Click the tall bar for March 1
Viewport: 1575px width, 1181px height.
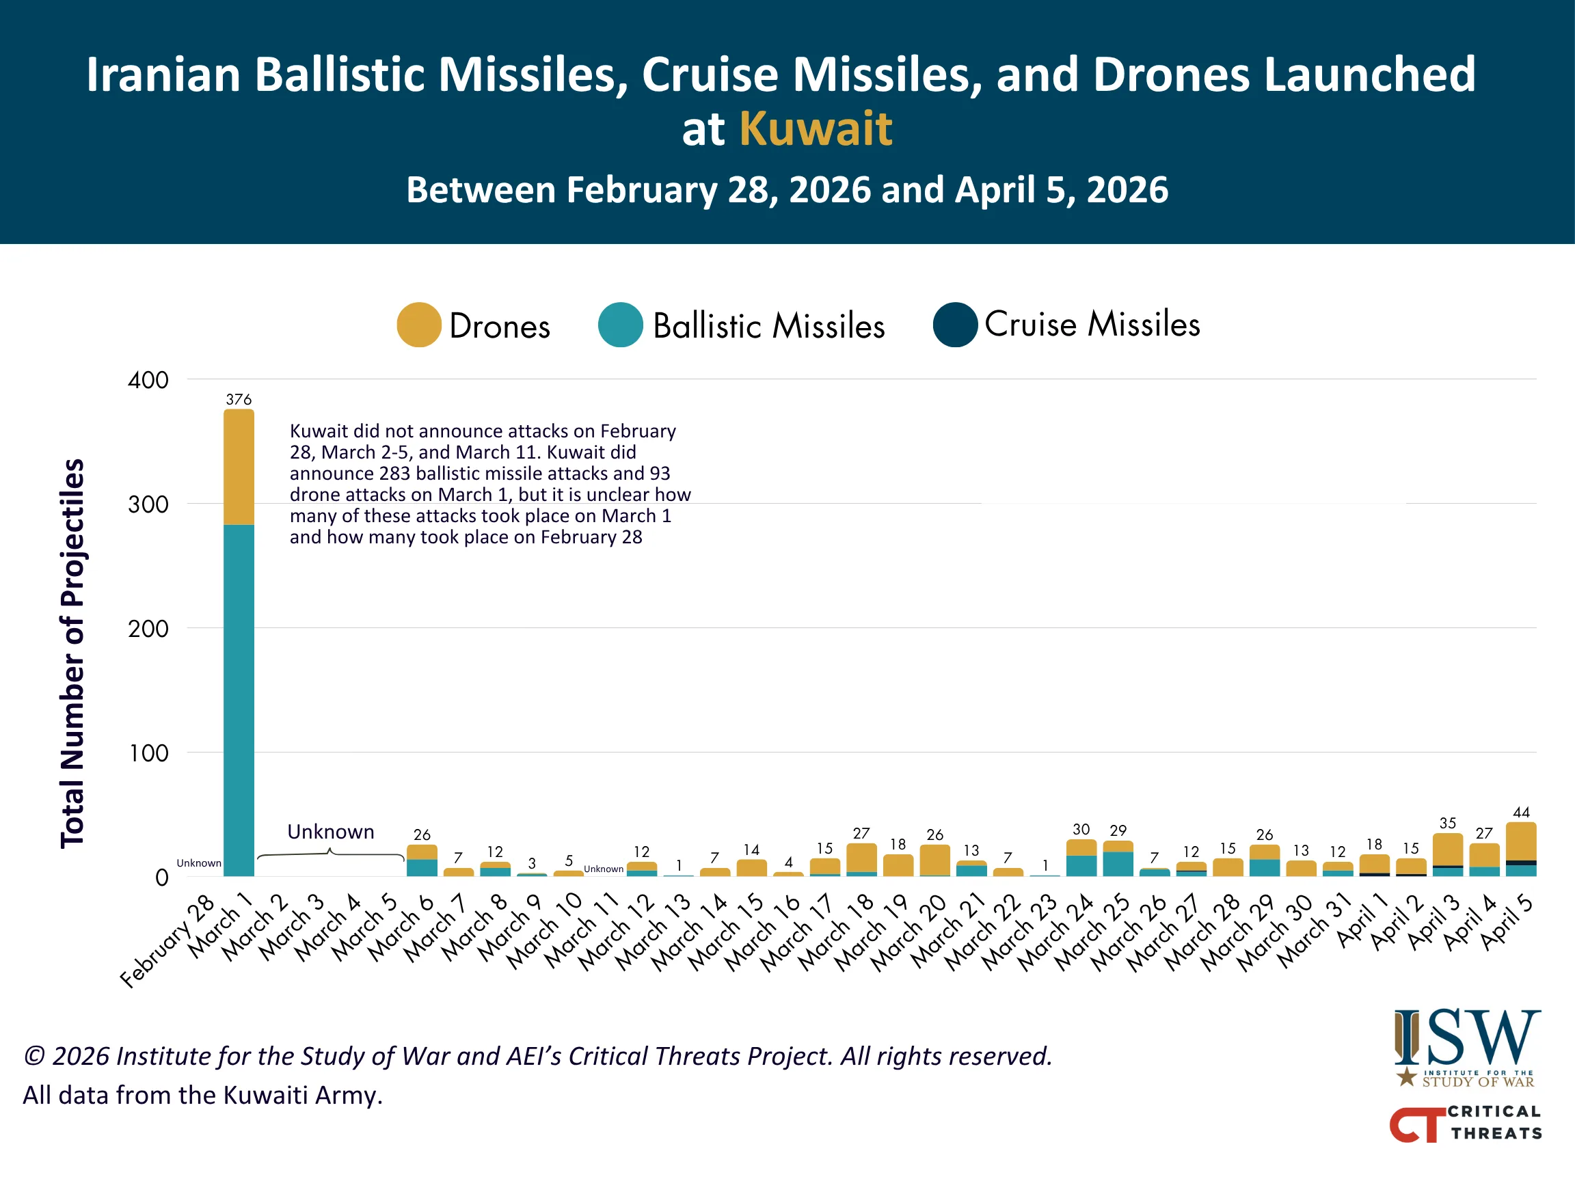239,640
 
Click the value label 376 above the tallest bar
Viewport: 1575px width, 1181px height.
239,399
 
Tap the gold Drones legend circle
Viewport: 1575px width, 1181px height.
418,325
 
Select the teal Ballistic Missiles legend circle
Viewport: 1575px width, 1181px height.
620,325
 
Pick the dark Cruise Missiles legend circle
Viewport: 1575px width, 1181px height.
955,325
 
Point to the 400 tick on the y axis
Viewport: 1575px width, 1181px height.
148,380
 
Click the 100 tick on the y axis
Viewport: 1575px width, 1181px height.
148,753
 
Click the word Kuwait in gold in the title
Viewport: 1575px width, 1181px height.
816,130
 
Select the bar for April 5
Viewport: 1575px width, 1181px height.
1521,850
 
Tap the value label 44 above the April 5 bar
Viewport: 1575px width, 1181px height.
1521,812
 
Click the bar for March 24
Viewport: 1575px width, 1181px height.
1081,858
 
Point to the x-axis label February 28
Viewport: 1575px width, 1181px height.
168,941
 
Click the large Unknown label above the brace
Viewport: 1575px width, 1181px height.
330,832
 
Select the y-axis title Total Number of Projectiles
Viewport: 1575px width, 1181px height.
72,653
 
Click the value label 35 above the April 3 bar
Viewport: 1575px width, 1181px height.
1448,823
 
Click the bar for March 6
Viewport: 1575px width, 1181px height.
422,860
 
